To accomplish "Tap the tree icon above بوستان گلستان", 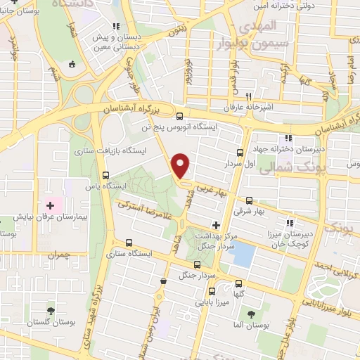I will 50,310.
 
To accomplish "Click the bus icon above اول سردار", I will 240,153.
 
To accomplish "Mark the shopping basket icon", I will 163,281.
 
